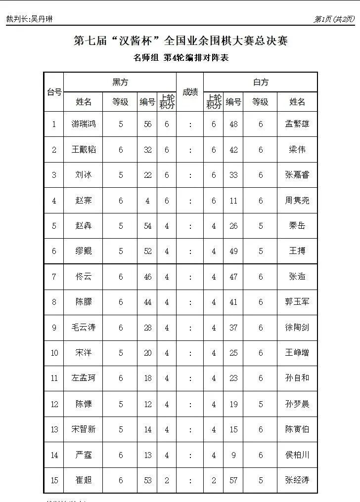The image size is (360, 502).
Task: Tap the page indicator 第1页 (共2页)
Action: coord(334,19)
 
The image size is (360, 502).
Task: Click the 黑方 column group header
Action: coord(120,82)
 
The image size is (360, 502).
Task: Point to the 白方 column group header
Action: coord(260,82)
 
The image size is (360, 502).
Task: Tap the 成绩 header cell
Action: coord(190,92)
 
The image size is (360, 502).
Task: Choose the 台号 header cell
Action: coord(54,92)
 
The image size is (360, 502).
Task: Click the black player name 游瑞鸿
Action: coord(84,124)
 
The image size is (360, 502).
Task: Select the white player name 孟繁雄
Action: coord(297,124)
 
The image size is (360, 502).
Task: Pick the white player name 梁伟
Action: coord(297,150)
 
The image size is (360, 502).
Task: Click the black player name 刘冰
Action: coord(84,175)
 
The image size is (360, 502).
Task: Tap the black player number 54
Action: coord(148,226)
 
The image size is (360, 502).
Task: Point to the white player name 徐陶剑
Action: coord(297,327)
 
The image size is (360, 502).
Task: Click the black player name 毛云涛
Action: coord(84,327)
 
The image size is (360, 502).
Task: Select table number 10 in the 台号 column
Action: coord(54,353)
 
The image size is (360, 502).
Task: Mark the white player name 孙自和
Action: coord(297,378)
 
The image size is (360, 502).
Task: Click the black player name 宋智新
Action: coord(84,429)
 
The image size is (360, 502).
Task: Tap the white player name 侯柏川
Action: coord(297,455)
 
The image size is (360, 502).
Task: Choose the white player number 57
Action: coord(233,480)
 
